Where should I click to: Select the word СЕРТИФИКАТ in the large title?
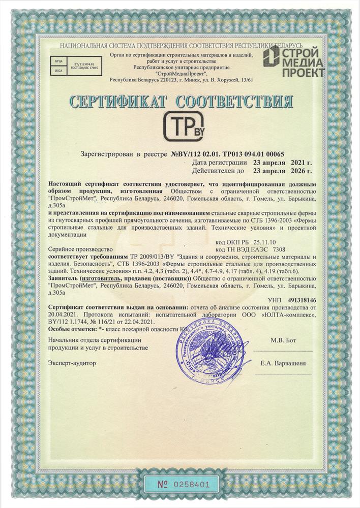[x=119, y=101]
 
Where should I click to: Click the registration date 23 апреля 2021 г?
[x=283, y=162]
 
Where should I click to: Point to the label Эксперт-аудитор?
[x=72, y=363]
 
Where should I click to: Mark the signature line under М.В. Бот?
[x=283, y=351]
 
